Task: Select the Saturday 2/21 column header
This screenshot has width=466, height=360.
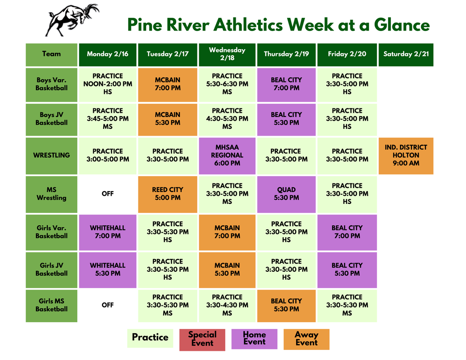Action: click(x=405, y=54)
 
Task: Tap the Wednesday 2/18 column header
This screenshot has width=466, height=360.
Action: click(x=227, y=54)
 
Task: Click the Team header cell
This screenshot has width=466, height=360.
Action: click(x=51, y=54)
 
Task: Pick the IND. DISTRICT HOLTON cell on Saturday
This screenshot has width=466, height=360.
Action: click(x=405, y=155)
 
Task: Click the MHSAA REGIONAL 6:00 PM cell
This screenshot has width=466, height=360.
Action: click(x=227, y=155)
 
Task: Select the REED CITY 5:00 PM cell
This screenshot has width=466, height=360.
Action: click(x=167, y=194)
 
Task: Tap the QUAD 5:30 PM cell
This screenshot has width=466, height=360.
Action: click(x=286, y=194)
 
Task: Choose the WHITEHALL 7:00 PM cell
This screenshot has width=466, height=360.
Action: click(x=107, y=232)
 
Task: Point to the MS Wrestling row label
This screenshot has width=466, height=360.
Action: click(x=51, y=194)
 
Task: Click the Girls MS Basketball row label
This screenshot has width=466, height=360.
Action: click(x=51, y=305)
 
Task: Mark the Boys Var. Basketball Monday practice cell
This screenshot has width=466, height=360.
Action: click(x=107, y=84)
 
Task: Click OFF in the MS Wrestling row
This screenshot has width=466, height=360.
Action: click(x=107, y=194)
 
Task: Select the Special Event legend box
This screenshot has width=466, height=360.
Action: click(x=202, y=339)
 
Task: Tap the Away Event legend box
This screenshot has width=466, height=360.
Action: click(x=306, y=339)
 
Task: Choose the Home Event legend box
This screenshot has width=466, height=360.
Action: click(x=254, y=339)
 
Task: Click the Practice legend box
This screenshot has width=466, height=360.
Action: click(x=150, y=338)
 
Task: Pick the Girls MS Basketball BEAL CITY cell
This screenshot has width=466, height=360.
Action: click(x=286, y=305)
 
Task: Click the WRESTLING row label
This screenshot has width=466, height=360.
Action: click(x=51, y=155)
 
